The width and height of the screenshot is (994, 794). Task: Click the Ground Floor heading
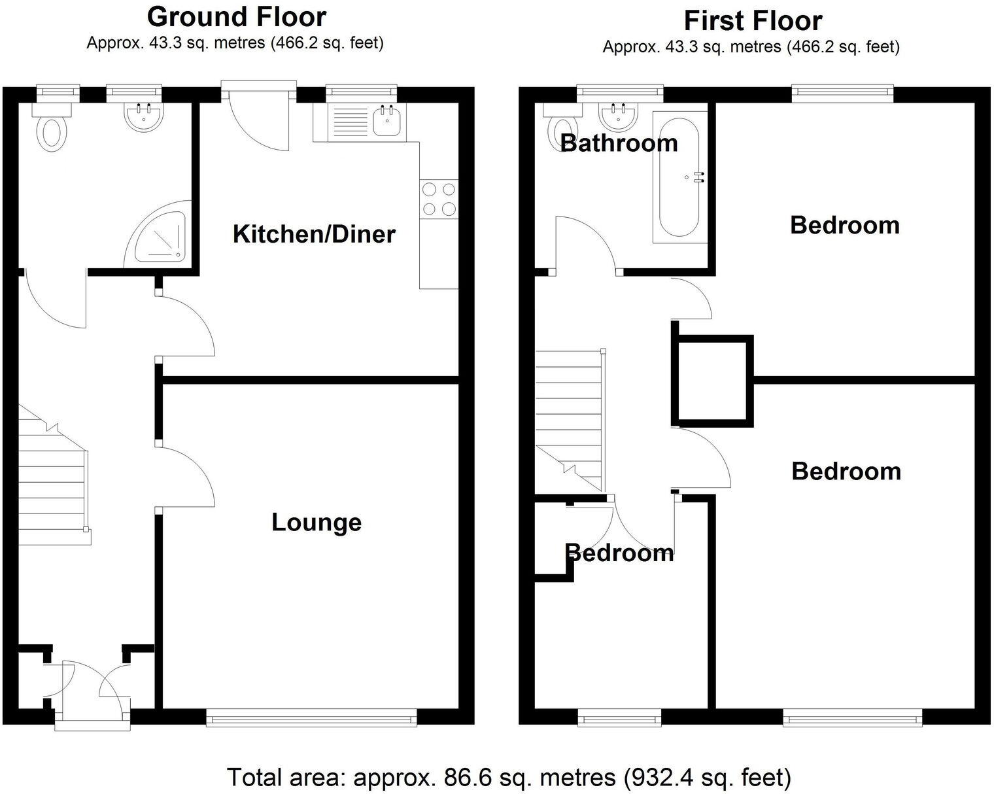[x=237, y=17]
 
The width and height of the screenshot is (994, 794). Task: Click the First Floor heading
[x=753, y=21]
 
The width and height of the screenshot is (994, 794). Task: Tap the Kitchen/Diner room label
[x=314, y=234]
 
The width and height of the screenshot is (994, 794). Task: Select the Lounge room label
[x=317, y=523]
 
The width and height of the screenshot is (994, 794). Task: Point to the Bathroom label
[x=619, y=143]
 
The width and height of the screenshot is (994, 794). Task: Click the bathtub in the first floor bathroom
[x=679, y=177]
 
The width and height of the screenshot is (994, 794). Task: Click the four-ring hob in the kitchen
[x=439, y=199]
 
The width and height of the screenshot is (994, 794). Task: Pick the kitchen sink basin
[x=386, y=121]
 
